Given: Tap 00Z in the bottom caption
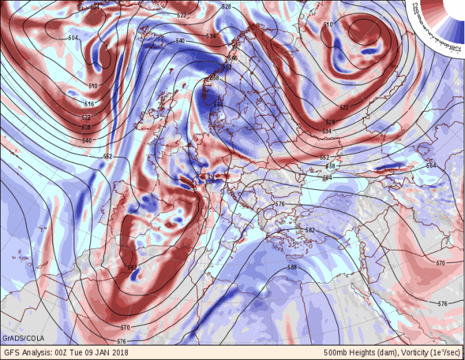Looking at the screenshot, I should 64,352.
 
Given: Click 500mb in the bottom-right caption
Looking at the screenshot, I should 336,352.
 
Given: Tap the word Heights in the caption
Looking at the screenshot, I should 364,352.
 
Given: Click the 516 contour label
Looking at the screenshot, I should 89,103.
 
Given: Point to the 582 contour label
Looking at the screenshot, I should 310,230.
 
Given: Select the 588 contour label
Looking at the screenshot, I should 292,267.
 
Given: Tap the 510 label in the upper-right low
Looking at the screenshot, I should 327,25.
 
